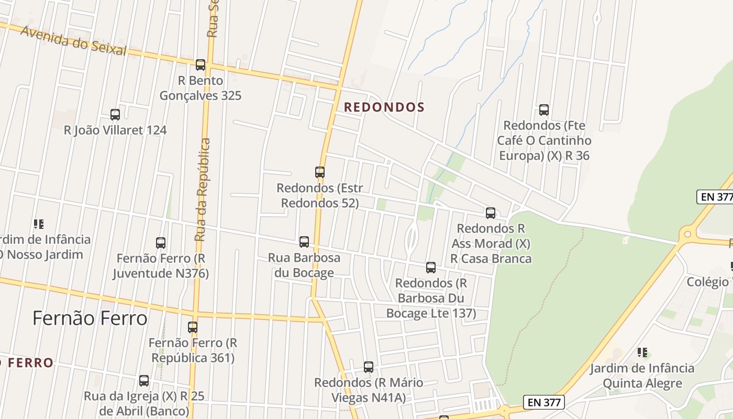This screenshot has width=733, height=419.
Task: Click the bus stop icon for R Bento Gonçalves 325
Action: tap(201, 65)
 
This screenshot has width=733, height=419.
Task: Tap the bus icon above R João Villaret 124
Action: tap(115, 114)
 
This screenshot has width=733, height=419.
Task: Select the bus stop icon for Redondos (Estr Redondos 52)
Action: tap(320, 172)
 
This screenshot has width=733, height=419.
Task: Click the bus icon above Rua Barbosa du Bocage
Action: tap(304, 242)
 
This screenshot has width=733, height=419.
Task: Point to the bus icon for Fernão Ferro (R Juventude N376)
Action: tap(161, 243)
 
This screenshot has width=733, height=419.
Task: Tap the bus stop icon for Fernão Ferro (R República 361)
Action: tap(193, 327)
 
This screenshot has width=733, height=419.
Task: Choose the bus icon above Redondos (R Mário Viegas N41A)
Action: tap(369, 367)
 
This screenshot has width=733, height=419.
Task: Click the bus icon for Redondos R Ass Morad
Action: tap(491, 213)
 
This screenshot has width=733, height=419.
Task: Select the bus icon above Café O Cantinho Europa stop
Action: tap(544, 110)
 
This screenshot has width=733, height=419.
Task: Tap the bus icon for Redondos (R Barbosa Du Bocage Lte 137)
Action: tap(431, 268)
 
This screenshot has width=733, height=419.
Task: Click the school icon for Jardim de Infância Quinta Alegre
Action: tap(642, 352)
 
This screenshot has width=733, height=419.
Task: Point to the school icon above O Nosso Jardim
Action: tap(39, 224)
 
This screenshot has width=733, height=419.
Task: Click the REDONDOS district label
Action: tap(384, 107)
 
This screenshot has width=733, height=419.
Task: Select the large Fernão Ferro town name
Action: tap(90, 318)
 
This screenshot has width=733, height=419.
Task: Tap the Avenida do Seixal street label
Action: tap(73, 41)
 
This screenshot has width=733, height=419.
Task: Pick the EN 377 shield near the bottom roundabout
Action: tap(545, 402)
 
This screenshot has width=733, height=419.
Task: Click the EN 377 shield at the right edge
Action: tap(716, 197)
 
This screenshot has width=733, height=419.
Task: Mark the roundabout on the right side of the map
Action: tap(687, 234)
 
